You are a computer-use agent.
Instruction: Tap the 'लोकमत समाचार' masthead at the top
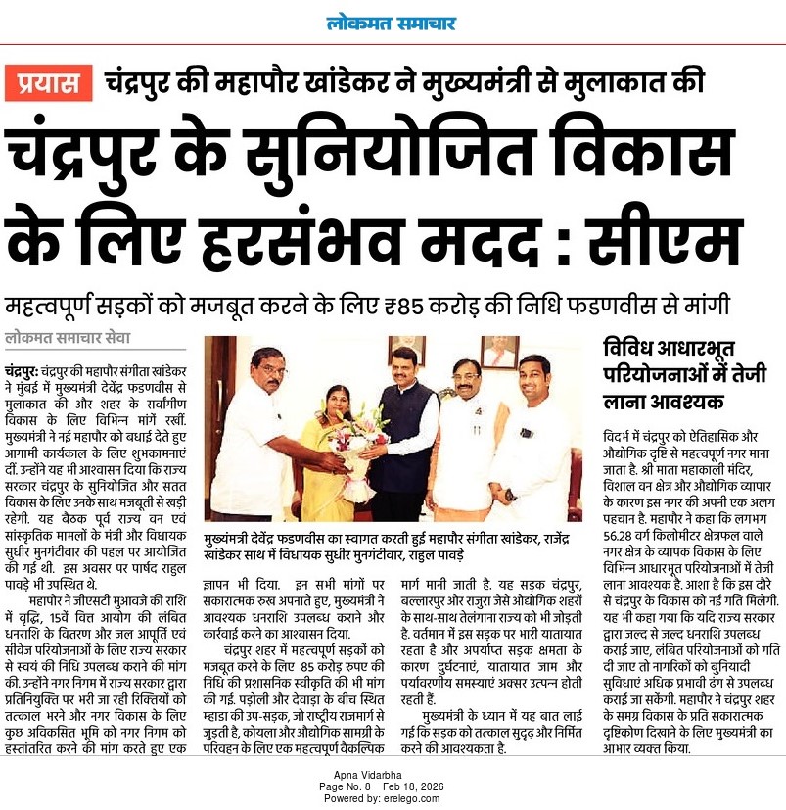coord(393,24)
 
